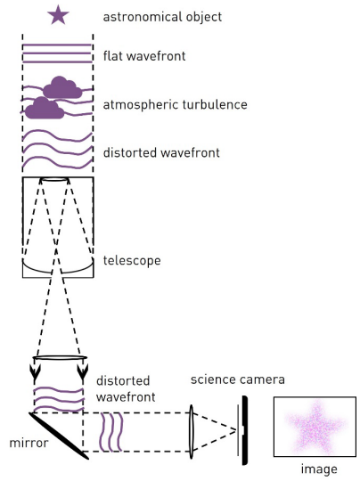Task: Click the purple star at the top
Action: pyautogui.click(x=58, y=15)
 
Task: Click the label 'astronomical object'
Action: pyautogui.click(x=162, y=17)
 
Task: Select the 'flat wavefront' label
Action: pyautogui.click(x=144, y=56)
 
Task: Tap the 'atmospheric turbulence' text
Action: pyautogui.click(x=175, y=104)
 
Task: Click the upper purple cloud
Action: pyautogui.click(x=62, y=87)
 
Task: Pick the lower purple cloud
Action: pyautogui.click(x=45, y=109)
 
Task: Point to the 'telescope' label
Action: pyautogui.click(x=132, y=260)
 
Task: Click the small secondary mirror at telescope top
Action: pyautogui.click(x=54, y=179)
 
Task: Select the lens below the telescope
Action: pyautogui.click(x=60, y=358)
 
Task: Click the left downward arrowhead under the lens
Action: pyautogui.click(x=35, y=371)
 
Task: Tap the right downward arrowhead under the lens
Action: pyautogui.click(x=83, y=371)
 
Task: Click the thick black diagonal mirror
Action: pyautogui.click(x=59, y=436)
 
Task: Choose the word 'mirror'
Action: pyautogui.click(x=29, y=443)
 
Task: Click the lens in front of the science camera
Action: pyautogui.click(x=191, y=432)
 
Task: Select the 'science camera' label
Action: pyautogui.click(x=238, y=379)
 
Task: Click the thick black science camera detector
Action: pyautogui.click(x=244, y=430)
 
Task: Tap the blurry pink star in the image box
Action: pyautogui.click(x=315, y=427)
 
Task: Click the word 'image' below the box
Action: pyautogui.click(x=319, y=469)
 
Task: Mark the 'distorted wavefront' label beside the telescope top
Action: pyautogui.click(x=161, y=153)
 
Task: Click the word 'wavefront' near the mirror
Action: pyautogui.click(x=126, y=397)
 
